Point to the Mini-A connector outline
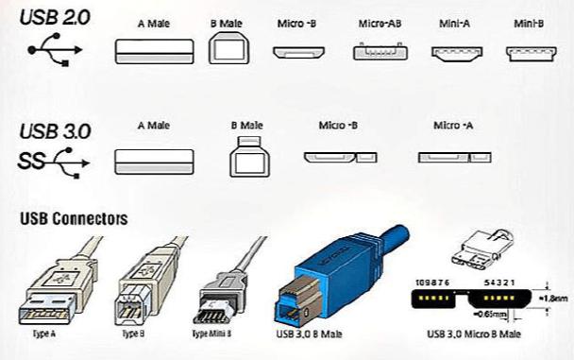pyautogui.click(x=457, y=53)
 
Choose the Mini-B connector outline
pyautogui.click(x=532, y=53)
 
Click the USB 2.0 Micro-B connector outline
pyautogui.click(x=297, y=52)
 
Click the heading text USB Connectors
pyautogui.click(x=74, y=219)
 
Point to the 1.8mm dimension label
pyautogui.click(x=556, y=296)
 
